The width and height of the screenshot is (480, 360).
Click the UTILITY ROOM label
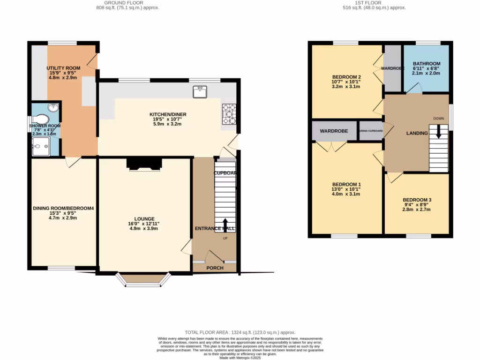(x=64, y=68)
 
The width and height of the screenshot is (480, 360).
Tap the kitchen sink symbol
(x=200, y=92)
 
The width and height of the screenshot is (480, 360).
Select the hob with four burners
(x=229, y=114)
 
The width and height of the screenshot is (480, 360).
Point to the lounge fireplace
(x=143, y=163)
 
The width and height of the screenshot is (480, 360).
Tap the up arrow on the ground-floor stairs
(x=225, y=225)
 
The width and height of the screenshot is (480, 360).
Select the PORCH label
(x=215, y=268)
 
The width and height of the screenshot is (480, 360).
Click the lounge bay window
(x=143, y=280)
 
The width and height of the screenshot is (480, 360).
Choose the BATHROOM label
(x=427, y=64)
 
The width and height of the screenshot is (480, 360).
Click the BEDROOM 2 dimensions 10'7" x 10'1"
(x=346, y=82)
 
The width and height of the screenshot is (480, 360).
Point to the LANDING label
(x=417, y=133)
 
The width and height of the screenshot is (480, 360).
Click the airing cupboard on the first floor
(x=371, y=131)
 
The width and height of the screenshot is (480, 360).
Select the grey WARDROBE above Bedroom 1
(x=334, y=131)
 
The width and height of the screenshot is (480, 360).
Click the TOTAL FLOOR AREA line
(x=240, y=332)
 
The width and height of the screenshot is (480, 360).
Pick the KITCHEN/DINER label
(x=167, y=114)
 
